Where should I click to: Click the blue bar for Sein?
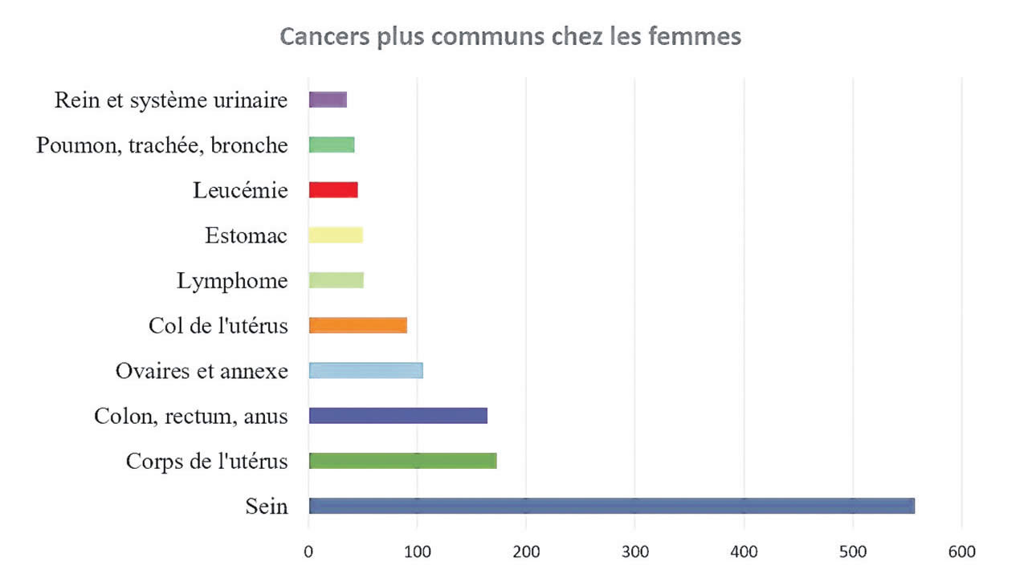click(x=611, y=506)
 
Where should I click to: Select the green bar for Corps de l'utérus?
click(x=402, y=461)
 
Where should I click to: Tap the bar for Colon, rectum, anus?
click(x=398, y=416)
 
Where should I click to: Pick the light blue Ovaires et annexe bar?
click(x=365, y=370)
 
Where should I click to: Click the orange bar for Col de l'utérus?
click(x=357, y=325)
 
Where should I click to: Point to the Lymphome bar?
click(x=336, y=280)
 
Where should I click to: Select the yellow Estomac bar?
click(x=336, y=235)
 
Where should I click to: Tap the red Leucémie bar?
click(x=333, y=190)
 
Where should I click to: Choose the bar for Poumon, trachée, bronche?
click(x=332, y=144)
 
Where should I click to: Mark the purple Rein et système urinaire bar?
click(x=328, y=100)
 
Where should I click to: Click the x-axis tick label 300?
click(x=634, y=552)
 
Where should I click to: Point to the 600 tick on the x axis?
click(x=961, y=552)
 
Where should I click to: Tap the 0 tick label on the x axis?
click(x=308, y=552)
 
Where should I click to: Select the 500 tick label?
click(x=853, y=552)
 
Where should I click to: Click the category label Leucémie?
click(x=240, y=191)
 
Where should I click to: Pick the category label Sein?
click(x=267, y=507)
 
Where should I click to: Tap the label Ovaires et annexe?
click(x=201, y=371)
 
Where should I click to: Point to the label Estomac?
click(x=246, y=236)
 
